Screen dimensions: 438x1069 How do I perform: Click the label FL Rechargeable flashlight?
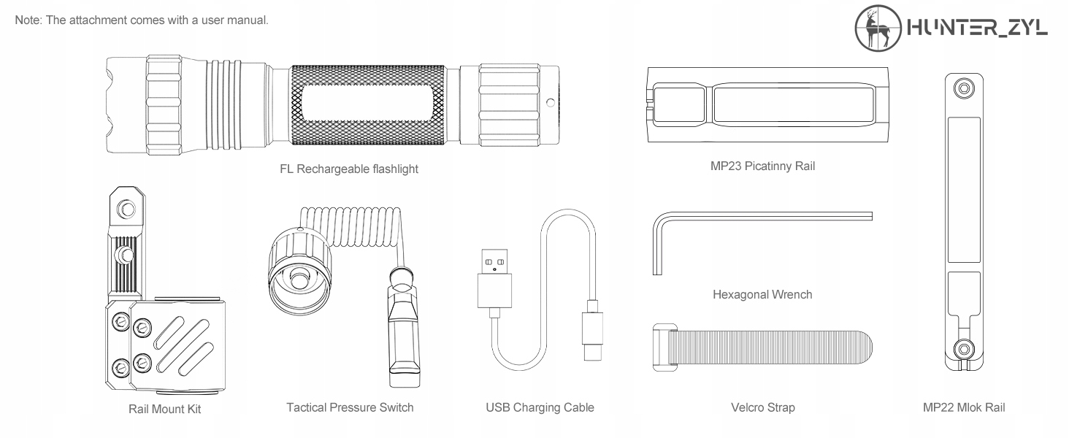pos(349,169)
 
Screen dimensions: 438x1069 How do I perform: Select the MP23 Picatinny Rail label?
pos(762,166)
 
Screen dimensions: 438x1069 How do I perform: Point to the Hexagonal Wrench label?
pos(762,295)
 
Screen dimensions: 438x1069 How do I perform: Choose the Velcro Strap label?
pos(762,407)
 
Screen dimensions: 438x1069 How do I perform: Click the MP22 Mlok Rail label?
pos(964,407)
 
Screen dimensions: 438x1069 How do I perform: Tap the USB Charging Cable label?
pos(540,407)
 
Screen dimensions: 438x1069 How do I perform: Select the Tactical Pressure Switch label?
pos(350,407)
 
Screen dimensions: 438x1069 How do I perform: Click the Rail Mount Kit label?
pos(164,409)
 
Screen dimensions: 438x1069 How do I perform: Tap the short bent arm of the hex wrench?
pos(656,245)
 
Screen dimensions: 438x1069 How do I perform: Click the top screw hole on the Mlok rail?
pos(965,89)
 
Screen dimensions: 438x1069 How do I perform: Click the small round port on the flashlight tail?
pos(551,102)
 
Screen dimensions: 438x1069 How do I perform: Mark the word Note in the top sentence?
pos(28,20)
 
